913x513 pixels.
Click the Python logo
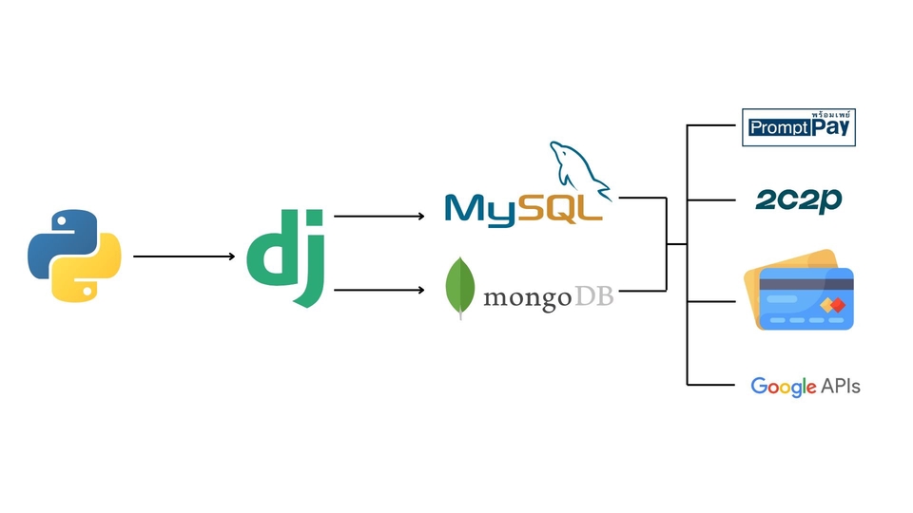(x=74, y=256)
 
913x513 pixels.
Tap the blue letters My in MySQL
(x=480, y=208)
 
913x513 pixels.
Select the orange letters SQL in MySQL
(x=561, y=208)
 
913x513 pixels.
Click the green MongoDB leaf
(x=461, y=287)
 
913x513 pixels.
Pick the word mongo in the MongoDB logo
(x=527, y=298)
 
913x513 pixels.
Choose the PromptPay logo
(x=799, y=127)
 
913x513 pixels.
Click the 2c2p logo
(x=798, y=199)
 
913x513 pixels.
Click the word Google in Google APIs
(x=784, y=386)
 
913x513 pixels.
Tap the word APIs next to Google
(x=840, y=386)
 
